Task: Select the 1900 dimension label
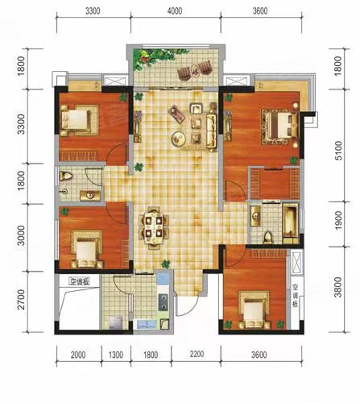click(x=339, y=223)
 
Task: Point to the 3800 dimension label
click(x=339, y=289)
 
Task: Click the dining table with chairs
click(x=153, y=225)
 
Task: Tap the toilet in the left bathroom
click(x=68, y=177)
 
